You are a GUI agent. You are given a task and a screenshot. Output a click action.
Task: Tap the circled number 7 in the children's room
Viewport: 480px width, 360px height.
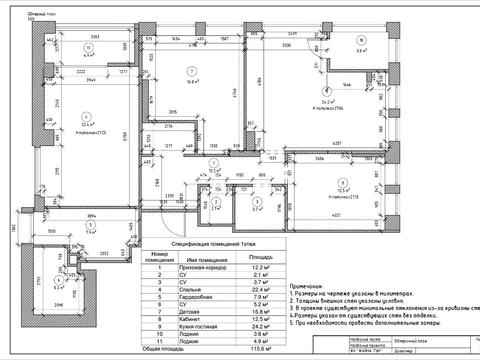(190, 69)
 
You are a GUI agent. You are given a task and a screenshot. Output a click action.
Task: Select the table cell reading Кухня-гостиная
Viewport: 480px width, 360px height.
(182, 325)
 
